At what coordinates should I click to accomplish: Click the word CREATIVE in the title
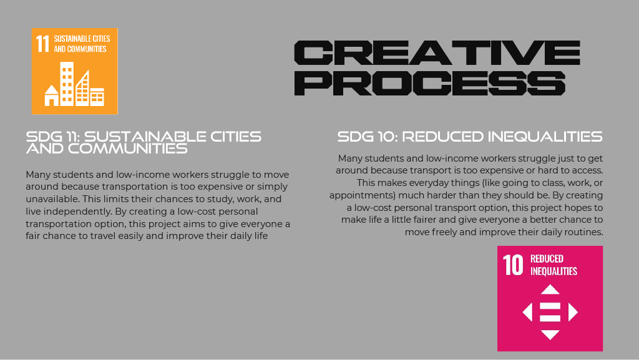pyautogui.click(x=437, y=53)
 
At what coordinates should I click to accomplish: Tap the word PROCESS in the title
pyautogui.click(x=429, y=83)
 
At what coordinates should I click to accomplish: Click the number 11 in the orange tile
pyautogui.click(x=42, y=44)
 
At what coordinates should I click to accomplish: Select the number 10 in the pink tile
pyautogui.click(x=513, y=265)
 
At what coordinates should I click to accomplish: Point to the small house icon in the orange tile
pyautogui.click(x=52, y=95)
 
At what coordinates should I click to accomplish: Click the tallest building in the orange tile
pyautogui.click(x=67, y=84)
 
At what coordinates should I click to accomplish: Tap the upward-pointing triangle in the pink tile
pyautogui.click(x=550, y=289)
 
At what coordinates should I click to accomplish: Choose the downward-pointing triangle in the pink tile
pyautogui.click(x=550, y=335)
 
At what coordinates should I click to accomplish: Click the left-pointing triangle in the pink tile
pyautogui.click(x=527, y=312)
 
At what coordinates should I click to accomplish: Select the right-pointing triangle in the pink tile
pyautogui.click(x=573, y=312)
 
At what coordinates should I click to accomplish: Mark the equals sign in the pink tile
pyautogui.click(x=550, y=312)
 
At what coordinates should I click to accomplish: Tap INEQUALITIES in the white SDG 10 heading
pyautogui.click(x=545, y=137)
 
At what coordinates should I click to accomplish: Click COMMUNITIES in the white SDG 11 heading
pyautogui.click(x=127, y=148)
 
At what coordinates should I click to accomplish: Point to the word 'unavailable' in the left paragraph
pyautogui.click(x=51, y=199)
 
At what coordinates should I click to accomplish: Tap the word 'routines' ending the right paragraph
pyautogui.click(x=584, y=232)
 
